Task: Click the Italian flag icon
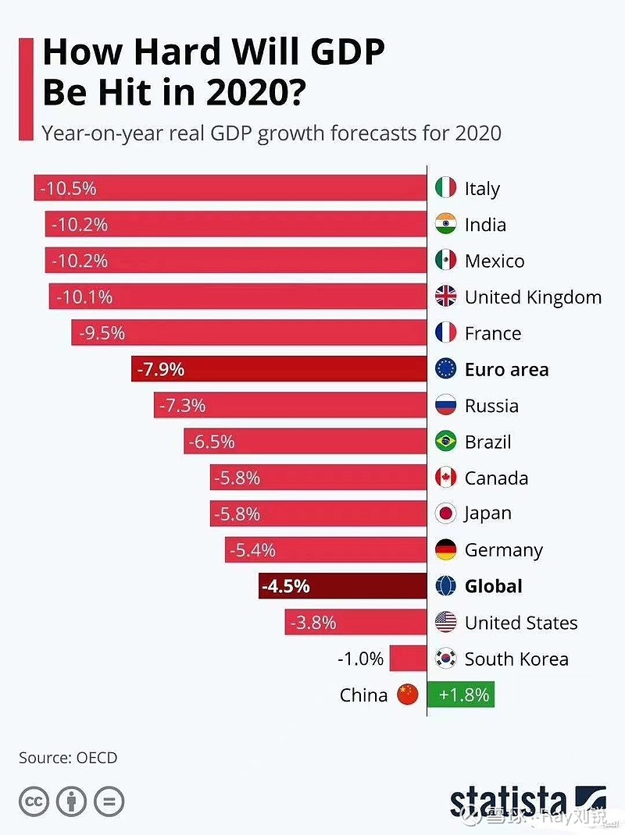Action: tap(445, 188)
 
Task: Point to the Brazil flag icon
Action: tap(445, 442)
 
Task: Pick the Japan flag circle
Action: tap(445, 513)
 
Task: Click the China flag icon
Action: tap(408, 695)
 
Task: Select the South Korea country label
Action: tap(516, 659)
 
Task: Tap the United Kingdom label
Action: tap(533, 297)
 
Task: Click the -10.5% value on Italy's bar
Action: tap(70, 188)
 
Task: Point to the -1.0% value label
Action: tap(360, 659)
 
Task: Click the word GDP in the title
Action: tap(337, 52)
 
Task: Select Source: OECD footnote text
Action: tap(68, 757)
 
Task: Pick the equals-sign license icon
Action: tap(109, 802)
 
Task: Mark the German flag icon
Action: tap(445, 550)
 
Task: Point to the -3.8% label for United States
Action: tap(313, 623)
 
